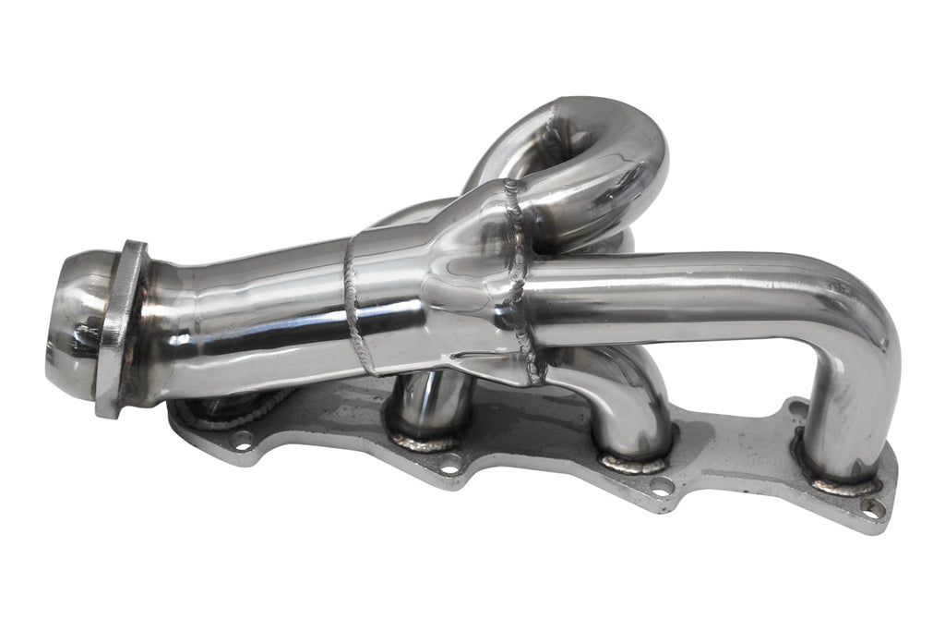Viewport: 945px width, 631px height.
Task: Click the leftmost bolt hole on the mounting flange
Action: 242,441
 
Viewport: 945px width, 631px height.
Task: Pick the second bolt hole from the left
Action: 450,464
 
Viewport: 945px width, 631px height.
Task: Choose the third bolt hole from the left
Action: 661,488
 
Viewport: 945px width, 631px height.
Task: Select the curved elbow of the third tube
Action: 628,388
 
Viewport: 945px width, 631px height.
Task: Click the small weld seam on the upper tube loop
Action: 554,120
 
